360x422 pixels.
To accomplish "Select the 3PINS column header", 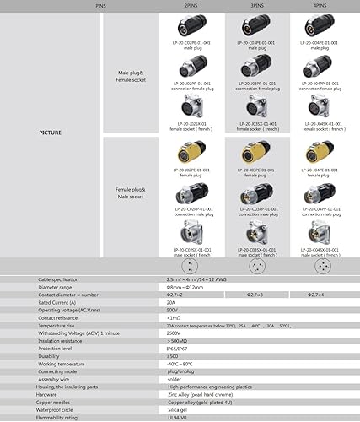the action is tap(257, 5).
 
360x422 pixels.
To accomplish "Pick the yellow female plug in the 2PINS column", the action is tap(192, 154).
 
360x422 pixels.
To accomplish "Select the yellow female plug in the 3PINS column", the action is tap(256, 154).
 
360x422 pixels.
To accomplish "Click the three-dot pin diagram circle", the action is tap(257, 265).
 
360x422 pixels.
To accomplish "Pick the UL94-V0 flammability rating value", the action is tap(177, 417).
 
